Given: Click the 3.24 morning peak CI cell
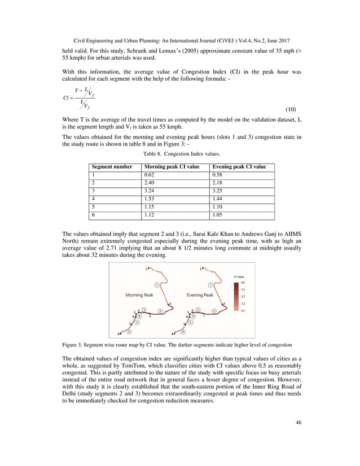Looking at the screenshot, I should [x=151, y=191].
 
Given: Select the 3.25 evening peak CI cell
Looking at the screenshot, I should [x=218, y=191].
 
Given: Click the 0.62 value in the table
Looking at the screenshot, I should [x=151, y=175].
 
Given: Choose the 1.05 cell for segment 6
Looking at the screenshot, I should [x=218, y=215].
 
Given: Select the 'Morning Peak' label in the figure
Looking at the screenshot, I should [x=138, y=295].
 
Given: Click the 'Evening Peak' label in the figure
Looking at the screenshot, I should [x=200, y=295].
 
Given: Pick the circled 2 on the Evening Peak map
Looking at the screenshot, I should [x=214, y=310].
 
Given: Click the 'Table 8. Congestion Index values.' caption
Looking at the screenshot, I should [x=179, y=153].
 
